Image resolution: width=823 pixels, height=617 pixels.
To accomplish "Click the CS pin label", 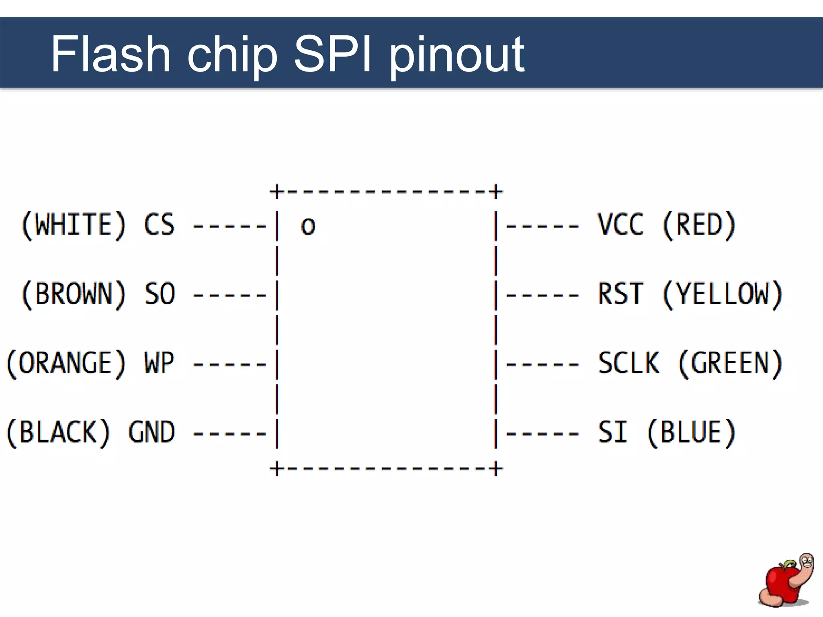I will [160, 225].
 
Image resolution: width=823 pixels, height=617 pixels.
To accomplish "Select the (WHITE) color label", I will [74, 225].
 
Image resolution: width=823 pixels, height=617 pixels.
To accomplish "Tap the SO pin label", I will [160, 294].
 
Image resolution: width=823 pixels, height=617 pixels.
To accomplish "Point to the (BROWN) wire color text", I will [74, 294].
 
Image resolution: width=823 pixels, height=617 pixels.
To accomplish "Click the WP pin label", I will [160, 363].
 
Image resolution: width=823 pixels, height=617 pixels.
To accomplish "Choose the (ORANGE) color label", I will [66, 363].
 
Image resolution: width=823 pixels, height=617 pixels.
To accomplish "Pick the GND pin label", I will [152, 433].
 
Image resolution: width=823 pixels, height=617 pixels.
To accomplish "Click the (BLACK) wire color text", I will [58, 433].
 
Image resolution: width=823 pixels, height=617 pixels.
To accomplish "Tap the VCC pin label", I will [621, 225].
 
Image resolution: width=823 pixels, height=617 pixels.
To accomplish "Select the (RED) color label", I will [699, 225].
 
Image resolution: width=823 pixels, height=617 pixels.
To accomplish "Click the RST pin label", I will [621, 294].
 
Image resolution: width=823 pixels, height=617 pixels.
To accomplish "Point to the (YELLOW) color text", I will [723, 294].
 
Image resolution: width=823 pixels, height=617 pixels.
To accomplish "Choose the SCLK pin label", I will [629, 363].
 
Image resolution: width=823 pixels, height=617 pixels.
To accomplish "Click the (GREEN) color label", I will [731, 363].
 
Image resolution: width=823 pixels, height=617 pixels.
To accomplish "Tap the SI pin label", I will [613, 433].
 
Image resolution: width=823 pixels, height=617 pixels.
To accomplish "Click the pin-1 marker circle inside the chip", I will [308, 227].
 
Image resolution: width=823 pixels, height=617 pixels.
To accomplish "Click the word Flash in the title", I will [111, 54].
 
